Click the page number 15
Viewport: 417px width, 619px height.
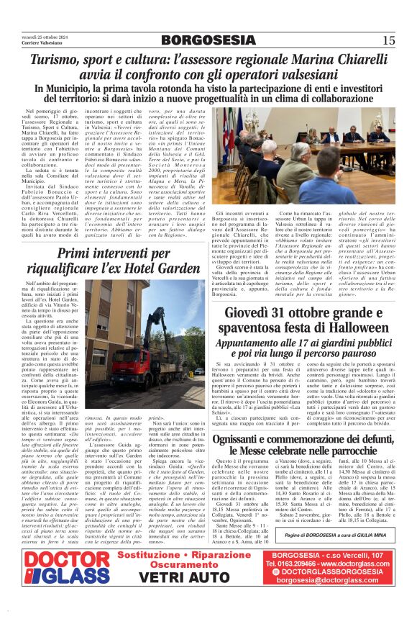click(x=388, y=40)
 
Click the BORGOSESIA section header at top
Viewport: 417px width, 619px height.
click(x=208, y=40)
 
